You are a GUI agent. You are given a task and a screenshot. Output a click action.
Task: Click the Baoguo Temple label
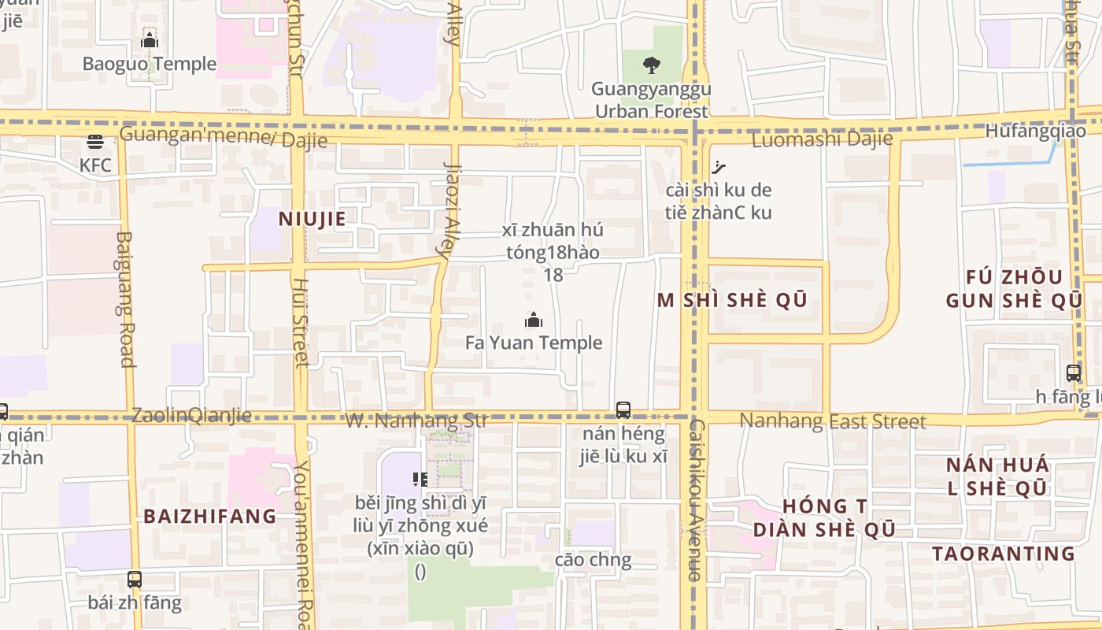click(x=150, y=64)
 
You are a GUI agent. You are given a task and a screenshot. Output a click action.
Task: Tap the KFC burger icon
click(x=95, y=143)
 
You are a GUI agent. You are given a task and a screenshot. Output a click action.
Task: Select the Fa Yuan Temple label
click(x=534, y=343)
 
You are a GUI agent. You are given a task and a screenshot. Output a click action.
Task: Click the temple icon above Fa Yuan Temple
click(x=534, y=320)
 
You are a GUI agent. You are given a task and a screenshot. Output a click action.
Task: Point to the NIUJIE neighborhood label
click(x=312, y=219)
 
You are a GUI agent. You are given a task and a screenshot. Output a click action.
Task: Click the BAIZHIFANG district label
click(x=210, y=517)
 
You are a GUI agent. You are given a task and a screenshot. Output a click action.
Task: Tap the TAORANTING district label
click(x=1004, y=554)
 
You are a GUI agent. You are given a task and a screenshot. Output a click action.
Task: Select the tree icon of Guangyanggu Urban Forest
click(x=651, y=65)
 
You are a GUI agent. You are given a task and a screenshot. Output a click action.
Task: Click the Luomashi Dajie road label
click(x=823, y=140)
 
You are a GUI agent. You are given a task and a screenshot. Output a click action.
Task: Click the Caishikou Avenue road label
click(x=695, y=499)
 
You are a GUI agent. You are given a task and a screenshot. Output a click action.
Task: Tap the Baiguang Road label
click(x=126, y=299)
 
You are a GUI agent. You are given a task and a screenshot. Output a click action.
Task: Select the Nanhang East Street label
click(x=834, y=422)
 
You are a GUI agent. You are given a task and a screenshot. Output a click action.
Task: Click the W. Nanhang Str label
click(x=416, y=421)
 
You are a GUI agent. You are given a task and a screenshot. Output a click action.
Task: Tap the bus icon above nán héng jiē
click(x=623, y=409)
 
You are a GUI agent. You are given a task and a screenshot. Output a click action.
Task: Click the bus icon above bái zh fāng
click(x=135, y=580)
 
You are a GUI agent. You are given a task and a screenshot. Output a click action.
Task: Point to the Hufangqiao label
click(x=1035, y=131)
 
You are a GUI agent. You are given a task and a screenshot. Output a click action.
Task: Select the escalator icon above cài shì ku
click(x=718, y=166)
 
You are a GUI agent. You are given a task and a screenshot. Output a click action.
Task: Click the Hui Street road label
click(x=300, y=322)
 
